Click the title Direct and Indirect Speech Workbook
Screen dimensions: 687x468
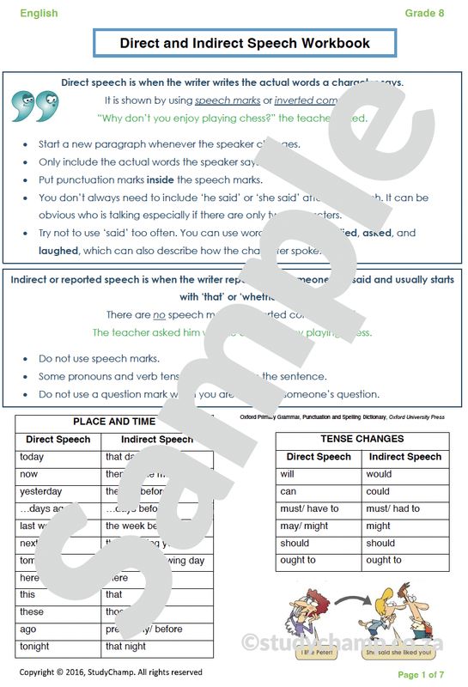pyautogui.click(x=245, y=42)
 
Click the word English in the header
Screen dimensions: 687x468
pyautogui.click(x=40, y=13)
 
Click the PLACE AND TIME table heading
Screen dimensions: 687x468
pyautogui.click(x=114, y=422)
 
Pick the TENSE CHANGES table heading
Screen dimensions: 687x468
pyautogui.click(x=362, y=439)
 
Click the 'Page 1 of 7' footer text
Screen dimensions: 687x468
pyautogui.click(x=421, y=675)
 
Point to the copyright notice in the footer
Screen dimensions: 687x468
pyautogui.click(x=111, y=672)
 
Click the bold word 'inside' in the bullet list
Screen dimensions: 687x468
pyautogui.click(x=160, y=179)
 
